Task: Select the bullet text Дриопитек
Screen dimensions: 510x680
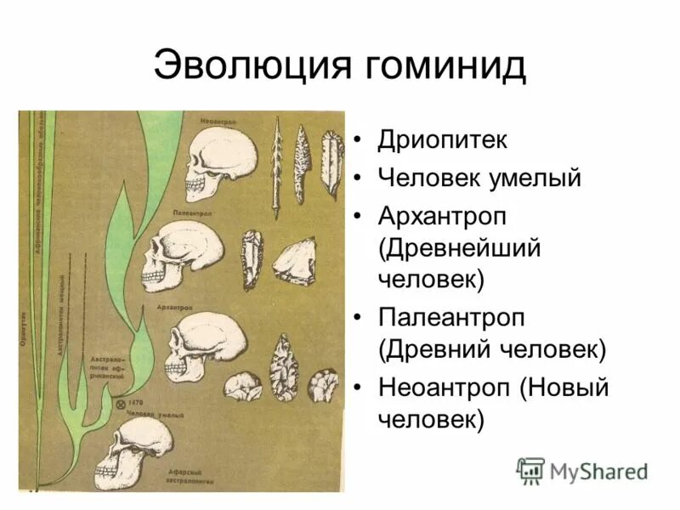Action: [x=443, y=139]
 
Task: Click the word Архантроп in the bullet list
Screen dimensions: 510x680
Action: [x=443, y=217]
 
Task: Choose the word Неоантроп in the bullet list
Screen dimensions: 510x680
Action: [x=445, y=387]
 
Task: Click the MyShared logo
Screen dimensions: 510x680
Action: [x=582, y=470]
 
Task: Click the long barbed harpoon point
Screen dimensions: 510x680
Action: [x=276, y=167]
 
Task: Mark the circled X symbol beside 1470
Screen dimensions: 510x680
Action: [x=122, y=403]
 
